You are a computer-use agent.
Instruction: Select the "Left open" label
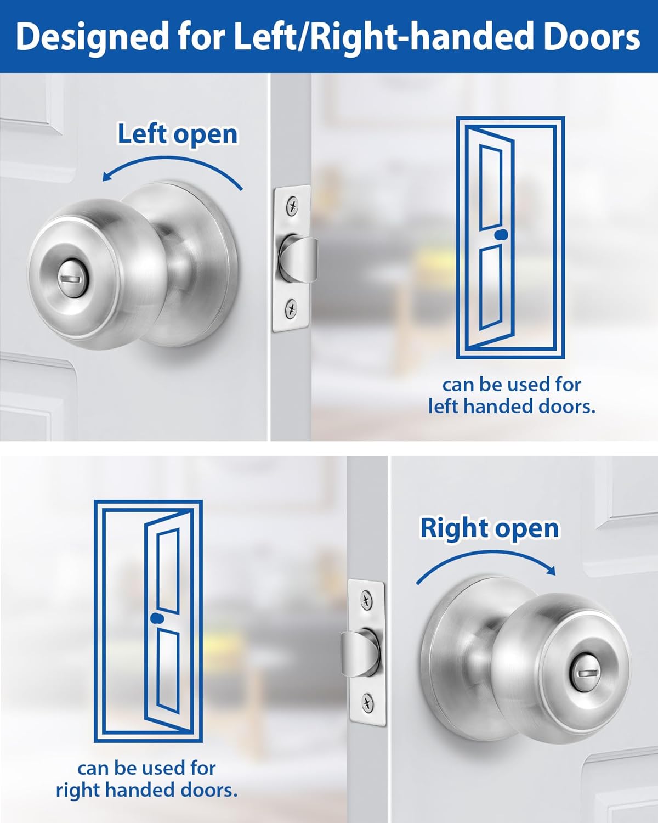point(178,134)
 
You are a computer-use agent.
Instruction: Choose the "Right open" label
point(489,528)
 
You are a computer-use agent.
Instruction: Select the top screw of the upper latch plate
point(293,206)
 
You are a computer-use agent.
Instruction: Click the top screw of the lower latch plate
point(367,600)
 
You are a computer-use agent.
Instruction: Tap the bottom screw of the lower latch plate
point(367,702)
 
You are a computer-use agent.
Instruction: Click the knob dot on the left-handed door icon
point(501,235)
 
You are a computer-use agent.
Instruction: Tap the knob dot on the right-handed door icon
point(157,618)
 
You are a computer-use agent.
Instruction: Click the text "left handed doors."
point(511,407)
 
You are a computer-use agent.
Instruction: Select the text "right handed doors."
point(146,790)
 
